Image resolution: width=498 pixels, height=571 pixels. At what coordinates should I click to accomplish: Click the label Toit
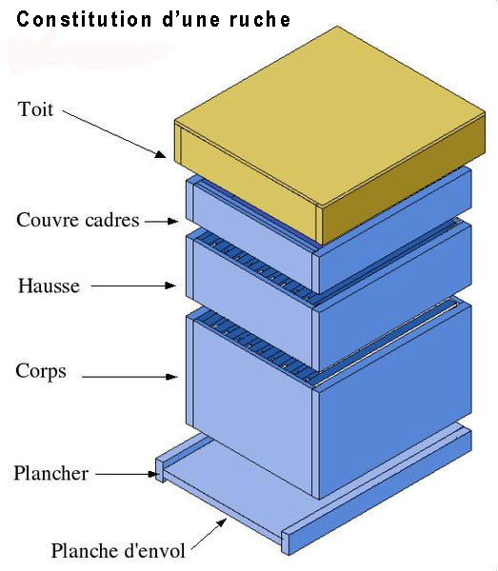click(35, 109)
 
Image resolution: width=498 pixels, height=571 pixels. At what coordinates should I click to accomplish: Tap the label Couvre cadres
click(77, 221)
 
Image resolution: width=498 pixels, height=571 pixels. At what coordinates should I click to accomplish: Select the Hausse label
click(49, 285)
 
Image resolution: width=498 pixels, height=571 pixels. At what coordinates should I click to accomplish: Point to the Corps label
click(41, 371)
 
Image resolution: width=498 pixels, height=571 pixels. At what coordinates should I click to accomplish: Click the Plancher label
click(51, 473)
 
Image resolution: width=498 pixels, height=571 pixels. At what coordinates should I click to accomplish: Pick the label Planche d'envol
click(118, 550)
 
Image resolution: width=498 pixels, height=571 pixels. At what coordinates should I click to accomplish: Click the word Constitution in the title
click(84, 19)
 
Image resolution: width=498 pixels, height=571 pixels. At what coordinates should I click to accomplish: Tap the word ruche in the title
click(260, 19)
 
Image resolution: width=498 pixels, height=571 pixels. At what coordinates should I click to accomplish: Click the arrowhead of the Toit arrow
click(160, 154)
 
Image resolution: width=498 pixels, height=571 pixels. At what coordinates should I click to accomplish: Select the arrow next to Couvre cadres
click(161, 221)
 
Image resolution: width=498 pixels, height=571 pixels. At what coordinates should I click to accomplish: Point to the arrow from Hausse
click(133, 285)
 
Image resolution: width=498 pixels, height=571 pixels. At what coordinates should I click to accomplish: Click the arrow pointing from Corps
click(129, 377)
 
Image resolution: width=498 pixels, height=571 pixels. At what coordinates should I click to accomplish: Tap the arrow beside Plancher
click(127, 474)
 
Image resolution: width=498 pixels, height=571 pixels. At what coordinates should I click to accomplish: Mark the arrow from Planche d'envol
click(209, 534)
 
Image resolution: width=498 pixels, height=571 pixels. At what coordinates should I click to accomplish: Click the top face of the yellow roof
click(329, 116)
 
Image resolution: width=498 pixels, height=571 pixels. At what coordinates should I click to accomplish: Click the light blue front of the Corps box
click(252, 408)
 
